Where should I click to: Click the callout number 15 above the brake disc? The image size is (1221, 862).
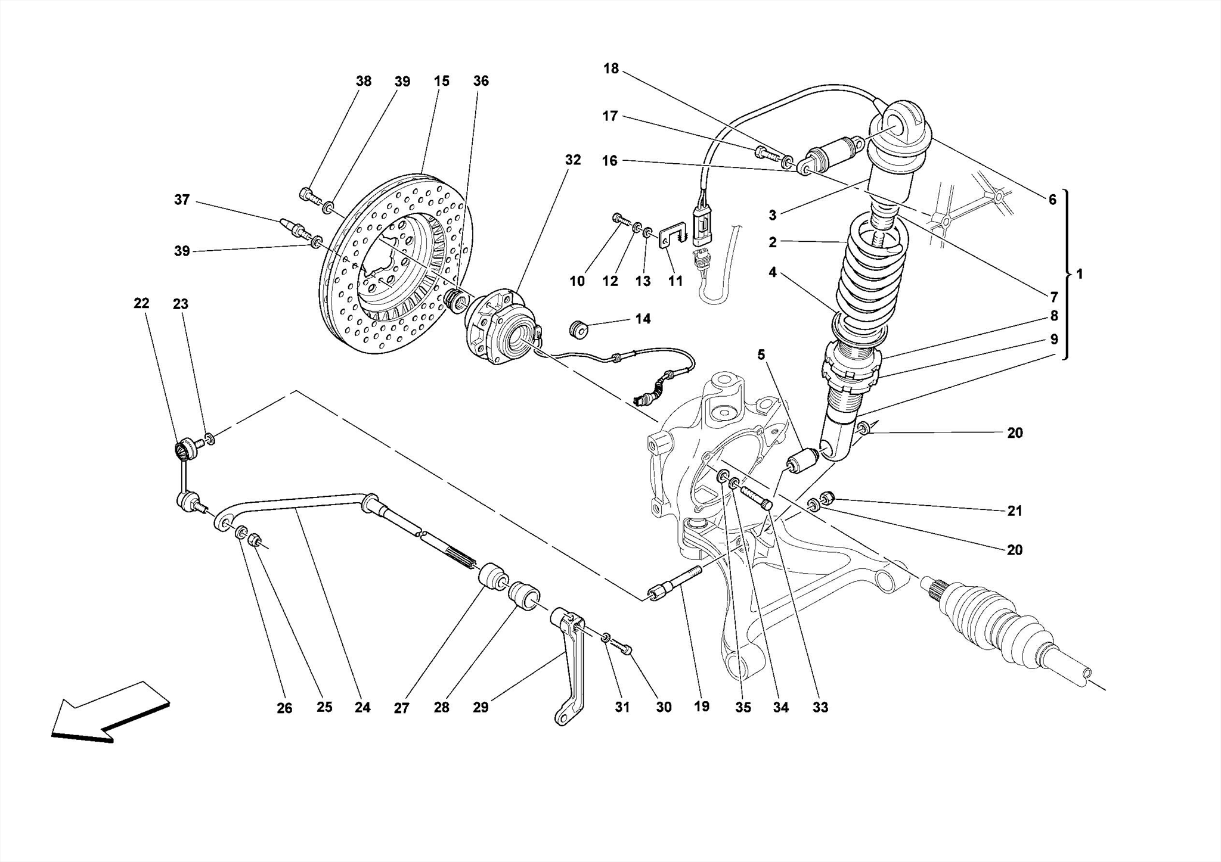click(x=441, y=81)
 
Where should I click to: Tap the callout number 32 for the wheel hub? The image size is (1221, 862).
click(x=572, y=160)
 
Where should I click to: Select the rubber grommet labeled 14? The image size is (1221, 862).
click(x=578, y=329)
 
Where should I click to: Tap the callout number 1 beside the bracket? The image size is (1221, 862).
click(x=1079, y=274)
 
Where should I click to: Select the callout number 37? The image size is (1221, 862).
click(x=182, y=200)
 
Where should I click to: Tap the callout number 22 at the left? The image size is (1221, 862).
click(x=141, y=303)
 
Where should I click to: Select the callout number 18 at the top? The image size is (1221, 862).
click(x=611, y=69)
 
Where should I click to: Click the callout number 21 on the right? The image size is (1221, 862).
click(x=1015, y=511)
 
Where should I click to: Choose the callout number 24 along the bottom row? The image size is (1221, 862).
click(x=362, y=707)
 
